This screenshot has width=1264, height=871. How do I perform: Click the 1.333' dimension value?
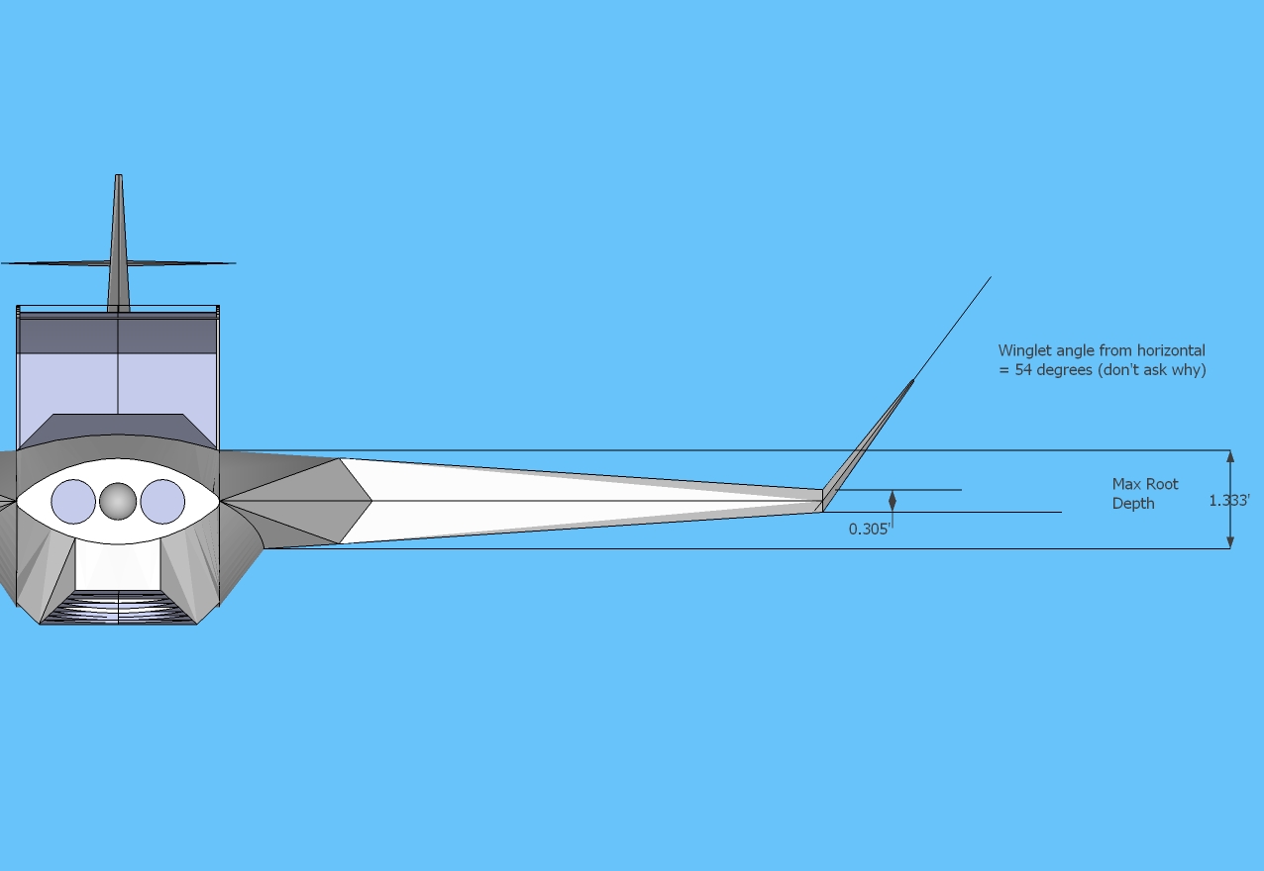(x=1229, y=500)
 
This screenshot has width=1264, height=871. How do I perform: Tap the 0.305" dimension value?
(x=870, y=529)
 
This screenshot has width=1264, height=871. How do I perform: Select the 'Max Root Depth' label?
(x=1145, y=494)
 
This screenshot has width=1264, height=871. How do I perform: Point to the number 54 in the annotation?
(x=1023, y=370)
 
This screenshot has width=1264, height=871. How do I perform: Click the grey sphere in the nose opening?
(x=118, y=501)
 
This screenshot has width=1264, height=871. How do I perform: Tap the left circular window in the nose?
(x=73, y=501)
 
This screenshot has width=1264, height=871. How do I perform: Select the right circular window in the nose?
(x=162, y=501)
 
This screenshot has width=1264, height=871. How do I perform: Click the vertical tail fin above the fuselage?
(x=119, y=242)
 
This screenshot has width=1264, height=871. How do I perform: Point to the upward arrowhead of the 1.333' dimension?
(x=1230, y=456)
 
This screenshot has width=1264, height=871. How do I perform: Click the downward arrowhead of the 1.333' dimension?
(x=1230, y=541)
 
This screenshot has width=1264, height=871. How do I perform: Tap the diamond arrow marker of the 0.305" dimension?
(x=893, y=501)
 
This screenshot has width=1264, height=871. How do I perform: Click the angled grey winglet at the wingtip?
(x=868, y=445)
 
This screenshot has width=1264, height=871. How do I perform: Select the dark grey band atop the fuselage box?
(x=118, y=336)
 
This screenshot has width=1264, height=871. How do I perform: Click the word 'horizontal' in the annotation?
(x=1171, y=350)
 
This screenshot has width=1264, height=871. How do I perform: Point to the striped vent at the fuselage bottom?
(x=118, y=608)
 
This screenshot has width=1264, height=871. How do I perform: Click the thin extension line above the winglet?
(x=953, y=328)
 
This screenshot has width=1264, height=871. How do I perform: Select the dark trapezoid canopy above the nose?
(x=118, y=431)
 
